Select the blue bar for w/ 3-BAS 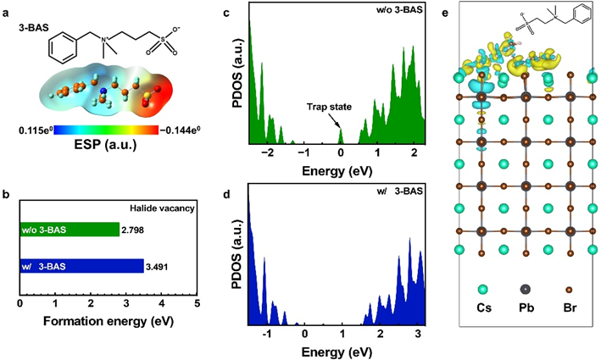pos(81,266)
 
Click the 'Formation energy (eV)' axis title pos(108,323)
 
